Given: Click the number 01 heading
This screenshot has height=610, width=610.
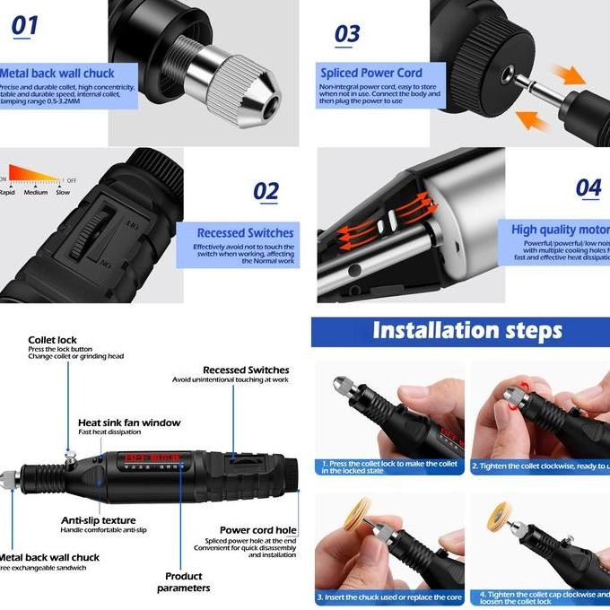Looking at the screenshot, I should pos(25,26).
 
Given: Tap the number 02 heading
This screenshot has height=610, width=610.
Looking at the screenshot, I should pos(266,191).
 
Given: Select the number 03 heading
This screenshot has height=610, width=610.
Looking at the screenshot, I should pos(347,34).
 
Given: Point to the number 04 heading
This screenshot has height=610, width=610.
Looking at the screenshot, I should pos(588,187).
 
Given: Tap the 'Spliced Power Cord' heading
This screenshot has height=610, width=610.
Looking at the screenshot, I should pos(371,73).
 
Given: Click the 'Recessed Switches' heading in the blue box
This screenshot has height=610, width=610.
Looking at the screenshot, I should pos(245,233).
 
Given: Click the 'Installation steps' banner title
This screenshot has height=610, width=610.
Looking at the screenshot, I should pos(466,330).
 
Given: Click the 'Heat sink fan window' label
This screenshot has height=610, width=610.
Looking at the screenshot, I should pos(129,423).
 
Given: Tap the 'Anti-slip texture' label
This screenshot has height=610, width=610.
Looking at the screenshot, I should pos(98,520).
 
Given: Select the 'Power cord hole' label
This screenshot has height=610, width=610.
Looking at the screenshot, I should pos(258,530).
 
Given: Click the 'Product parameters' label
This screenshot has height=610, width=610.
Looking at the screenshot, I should pos(183,582).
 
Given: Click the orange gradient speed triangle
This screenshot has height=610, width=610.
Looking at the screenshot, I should pos(34,174).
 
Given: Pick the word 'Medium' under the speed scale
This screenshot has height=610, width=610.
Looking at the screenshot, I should pos(36,193).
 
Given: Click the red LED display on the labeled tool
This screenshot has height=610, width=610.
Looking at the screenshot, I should pos(152,460).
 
